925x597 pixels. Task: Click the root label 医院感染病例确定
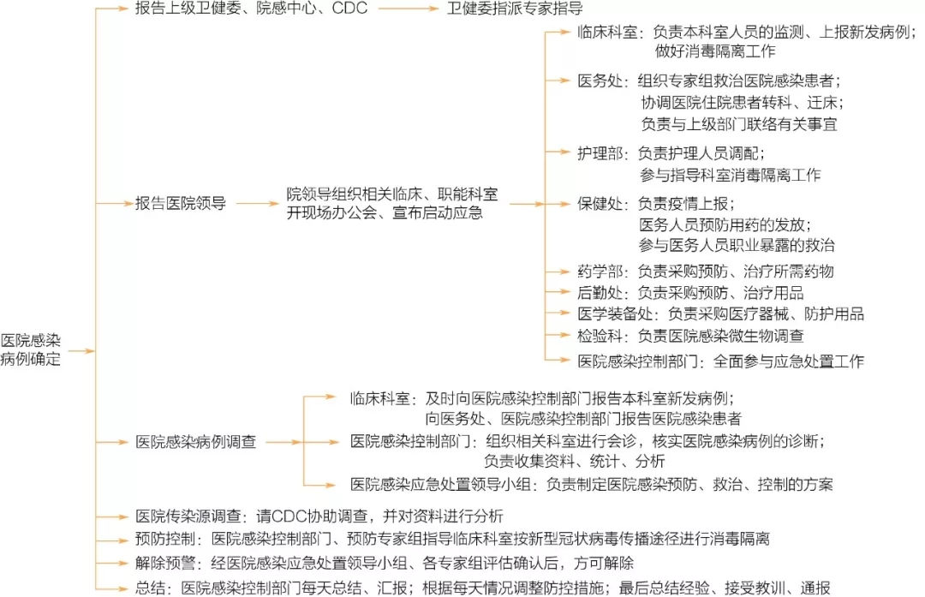point(31,349)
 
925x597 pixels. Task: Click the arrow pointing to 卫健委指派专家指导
point(406,9)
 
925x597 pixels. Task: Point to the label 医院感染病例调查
point(196,442)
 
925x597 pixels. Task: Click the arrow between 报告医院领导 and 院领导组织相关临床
point(256,204)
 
